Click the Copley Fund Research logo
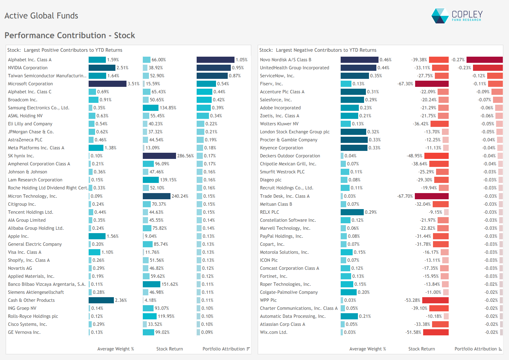point(457,16)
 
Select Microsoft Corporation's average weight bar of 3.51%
point(107,84)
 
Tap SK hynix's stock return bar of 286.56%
point(159,156)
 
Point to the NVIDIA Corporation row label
point(28,68)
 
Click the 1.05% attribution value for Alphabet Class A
point(242,60)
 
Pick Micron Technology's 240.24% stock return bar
point(156,196)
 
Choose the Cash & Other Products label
point(31,300)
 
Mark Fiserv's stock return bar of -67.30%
point(432,84)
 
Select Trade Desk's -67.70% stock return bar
point(431,196)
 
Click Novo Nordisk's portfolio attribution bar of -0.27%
point(484,60)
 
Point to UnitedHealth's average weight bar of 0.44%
point(358,68)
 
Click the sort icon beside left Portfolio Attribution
point(248,349)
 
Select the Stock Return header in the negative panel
point(421,349)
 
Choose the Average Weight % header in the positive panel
point(115,349)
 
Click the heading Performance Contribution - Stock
point(70,35)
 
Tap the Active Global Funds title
point(41,16)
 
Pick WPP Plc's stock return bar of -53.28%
point(435,300)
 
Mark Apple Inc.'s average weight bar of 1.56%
point(97,236)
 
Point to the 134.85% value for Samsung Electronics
point(168,108)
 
